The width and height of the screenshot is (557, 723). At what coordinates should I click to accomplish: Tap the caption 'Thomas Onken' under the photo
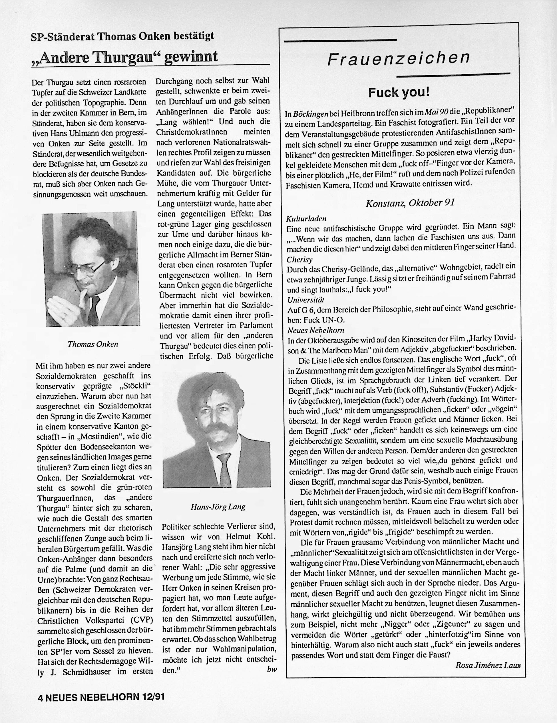(x=93, y=344)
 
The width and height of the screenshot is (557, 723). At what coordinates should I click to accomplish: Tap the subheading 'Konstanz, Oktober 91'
(x=410, y=203)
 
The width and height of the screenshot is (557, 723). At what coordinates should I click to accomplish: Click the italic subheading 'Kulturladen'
(x=306, y=218)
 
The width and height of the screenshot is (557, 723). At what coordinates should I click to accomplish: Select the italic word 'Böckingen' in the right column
(x=310, y=114)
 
